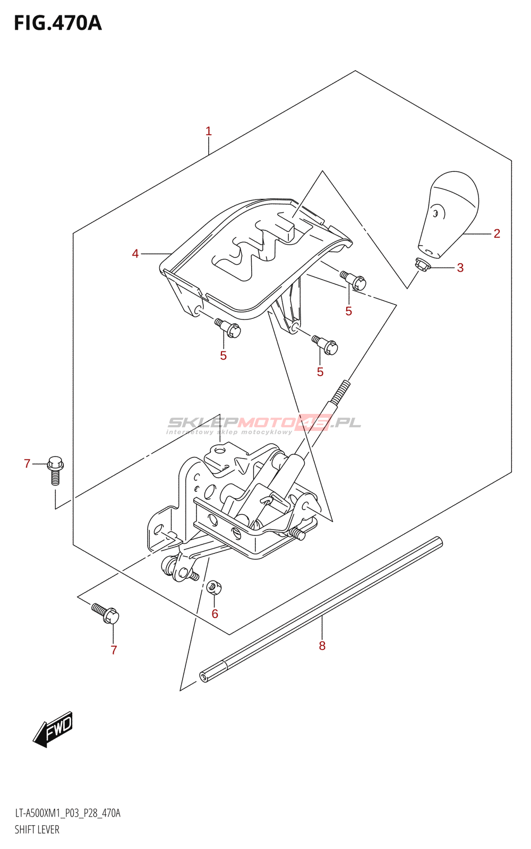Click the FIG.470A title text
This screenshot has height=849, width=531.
point(57,23)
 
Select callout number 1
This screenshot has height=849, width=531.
point(209,131)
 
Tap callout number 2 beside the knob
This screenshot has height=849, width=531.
point(497,233)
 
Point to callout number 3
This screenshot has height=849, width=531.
point(460,268)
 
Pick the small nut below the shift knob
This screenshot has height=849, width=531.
point(422,263)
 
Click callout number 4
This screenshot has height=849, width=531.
point(135,254)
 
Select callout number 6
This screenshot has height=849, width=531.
point(215,614)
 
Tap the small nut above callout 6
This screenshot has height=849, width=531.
point(213,587)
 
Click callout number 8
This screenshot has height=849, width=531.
point(322,646)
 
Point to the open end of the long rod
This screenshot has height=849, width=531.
point(203,677)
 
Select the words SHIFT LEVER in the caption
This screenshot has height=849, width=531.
point(37,830)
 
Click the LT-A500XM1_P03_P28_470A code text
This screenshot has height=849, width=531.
point(67,813)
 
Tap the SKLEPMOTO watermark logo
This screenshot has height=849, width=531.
point(264,423)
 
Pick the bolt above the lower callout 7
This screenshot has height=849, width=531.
point(106,613)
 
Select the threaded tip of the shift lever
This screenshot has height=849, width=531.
point(340,393)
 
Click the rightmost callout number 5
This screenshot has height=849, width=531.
point(349,311)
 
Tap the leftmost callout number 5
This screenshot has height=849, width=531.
point(224,356)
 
